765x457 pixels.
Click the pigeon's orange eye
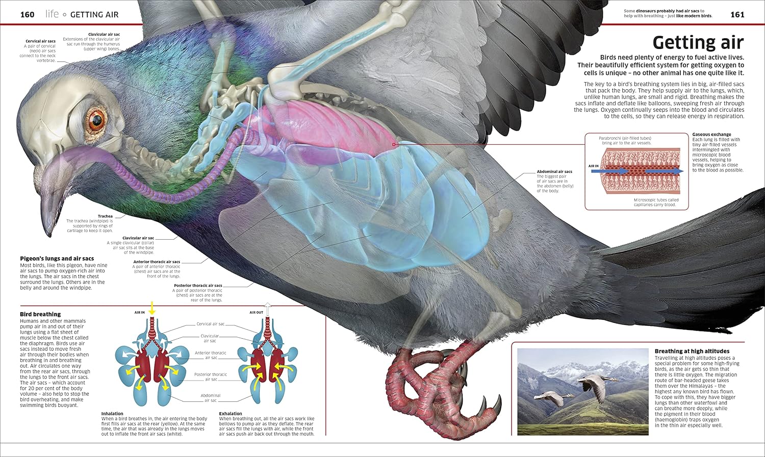(96, 120)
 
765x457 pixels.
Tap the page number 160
(27, 14)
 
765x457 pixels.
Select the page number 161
(737, 14)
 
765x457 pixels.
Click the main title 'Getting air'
(698, 42)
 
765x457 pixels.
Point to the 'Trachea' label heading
(105, 216)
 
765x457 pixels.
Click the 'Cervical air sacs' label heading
(40, 41)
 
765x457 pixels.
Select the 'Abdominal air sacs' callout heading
(554, 171)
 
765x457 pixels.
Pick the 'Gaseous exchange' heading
(711, 135)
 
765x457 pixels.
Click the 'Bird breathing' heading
(40, 314)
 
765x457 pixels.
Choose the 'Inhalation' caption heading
(112, 414)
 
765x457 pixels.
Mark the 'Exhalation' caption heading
(231, 414)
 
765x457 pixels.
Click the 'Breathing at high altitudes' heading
(692, 351)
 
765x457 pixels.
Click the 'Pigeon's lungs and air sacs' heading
(57, 259)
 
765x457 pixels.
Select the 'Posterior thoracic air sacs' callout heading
(198, 286)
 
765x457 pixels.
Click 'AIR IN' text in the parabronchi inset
(594, 166)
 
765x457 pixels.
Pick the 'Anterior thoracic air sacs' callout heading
(157, 262)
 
